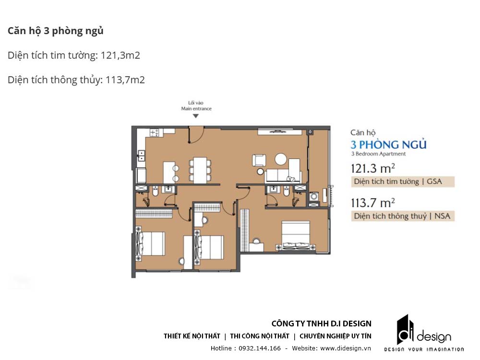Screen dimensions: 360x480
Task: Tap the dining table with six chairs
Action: pos(199,169)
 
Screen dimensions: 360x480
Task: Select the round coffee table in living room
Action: pos(280,159)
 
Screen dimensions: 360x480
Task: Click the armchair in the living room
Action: pos(259,160)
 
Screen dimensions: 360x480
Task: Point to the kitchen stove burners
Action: pos(155,132)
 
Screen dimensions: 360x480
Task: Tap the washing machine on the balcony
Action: pos(314,196)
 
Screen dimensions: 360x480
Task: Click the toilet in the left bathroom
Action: pos(155,192)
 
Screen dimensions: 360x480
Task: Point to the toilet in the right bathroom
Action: pos(287,192)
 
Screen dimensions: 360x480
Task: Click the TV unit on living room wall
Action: pos(273,131)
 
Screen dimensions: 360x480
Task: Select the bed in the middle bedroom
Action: pos(209,247)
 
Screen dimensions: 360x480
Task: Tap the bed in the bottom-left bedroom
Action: pos(151,244)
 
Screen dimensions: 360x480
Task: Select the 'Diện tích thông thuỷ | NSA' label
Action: pos(402,216)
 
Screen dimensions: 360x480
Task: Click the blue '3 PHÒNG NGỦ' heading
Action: pos(389,144)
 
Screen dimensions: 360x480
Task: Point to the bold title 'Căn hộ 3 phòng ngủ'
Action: pos(56,31)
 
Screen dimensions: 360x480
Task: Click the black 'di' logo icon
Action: pos(405,330)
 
